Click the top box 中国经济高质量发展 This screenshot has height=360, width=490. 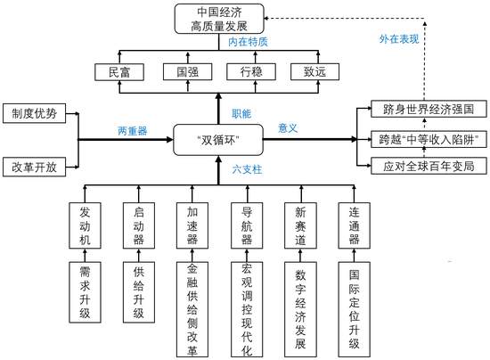[219, 19]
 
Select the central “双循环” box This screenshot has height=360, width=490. [218, 140]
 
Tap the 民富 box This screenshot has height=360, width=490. [119, 72]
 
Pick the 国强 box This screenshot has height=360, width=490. [187, 72]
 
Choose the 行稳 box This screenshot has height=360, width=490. [251, 72]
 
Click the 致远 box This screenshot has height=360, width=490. [314, 72]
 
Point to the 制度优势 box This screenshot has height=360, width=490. [35, 113]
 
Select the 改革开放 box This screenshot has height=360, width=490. [35, 168]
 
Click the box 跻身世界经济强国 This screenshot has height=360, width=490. [429, 109]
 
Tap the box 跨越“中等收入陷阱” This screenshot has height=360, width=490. [429, 139]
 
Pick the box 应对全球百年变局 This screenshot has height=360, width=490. [429, 166]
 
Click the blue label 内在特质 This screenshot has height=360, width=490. [248, 42]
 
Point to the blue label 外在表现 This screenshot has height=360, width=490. [399, 39]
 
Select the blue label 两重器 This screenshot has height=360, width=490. [133, 131]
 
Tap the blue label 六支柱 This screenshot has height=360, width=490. [247, 169]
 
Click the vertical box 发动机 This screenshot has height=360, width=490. [85, 225]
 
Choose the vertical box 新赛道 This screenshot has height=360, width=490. [300, 225]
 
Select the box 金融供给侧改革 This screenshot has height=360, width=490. [192, 309]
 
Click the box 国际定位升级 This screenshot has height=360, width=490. [354, 309]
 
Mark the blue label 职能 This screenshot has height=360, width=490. [241, 113]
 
